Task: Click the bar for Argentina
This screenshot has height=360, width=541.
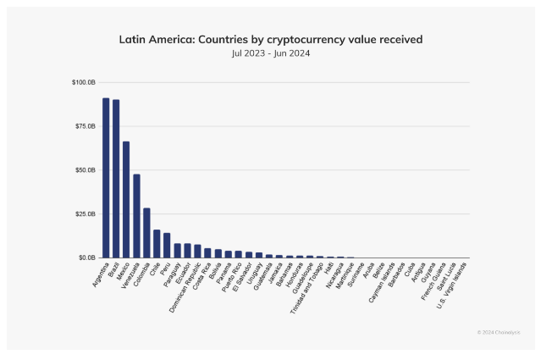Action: [106, 178]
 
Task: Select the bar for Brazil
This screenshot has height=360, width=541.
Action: [116, 179]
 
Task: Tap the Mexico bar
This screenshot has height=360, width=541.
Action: [126, 199]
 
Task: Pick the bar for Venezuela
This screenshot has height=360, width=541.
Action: [136, 216]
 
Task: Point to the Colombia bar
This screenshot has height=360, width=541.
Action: [146, 233]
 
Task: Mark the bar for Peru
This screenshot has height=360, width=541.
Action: [167, 245]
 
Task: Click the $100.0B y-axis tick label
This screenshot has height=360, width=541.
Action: [83, 83]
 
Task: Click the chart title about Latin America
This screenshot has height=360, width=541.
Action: [270, 39]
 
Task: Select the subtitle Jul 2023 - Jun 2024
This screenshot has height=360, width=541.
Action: [270, 53]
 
